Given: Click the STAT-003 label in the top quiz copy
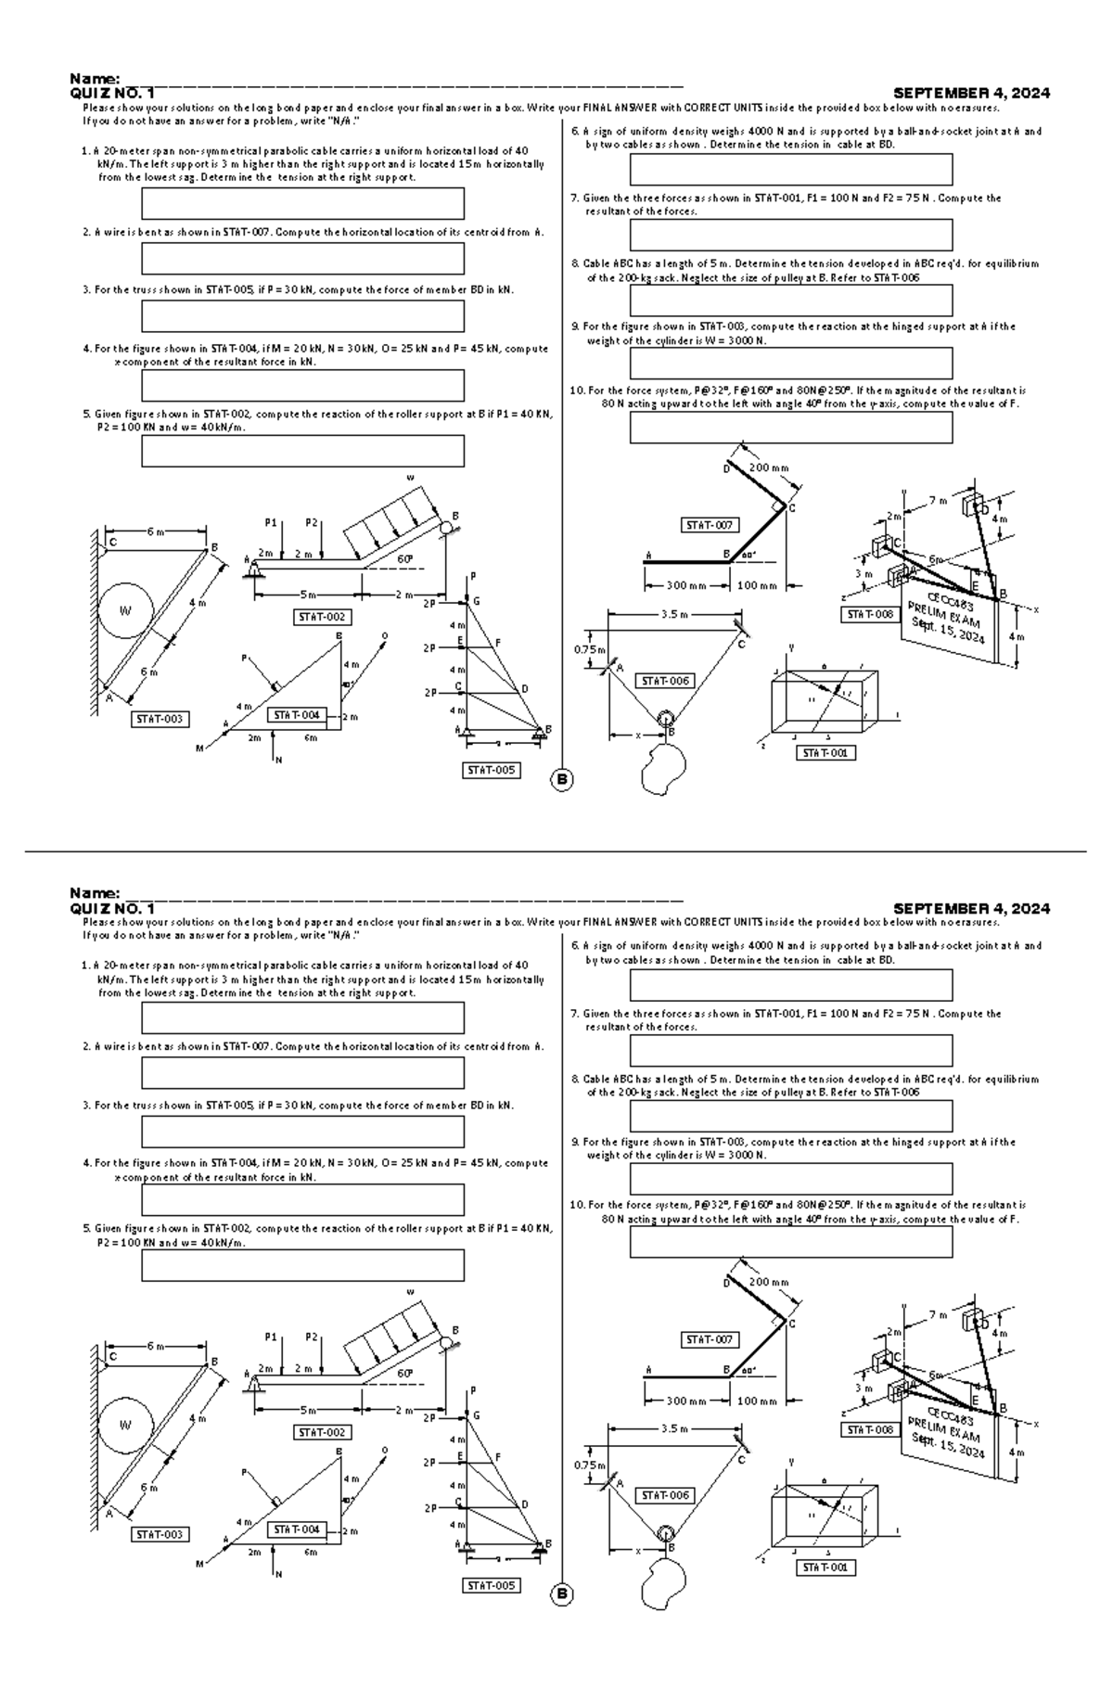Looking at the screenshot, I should pyautogui.click(x=160, y=719).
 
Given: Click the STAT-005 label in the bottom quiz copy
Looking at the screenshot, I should pyautogui.click(x=491, y=1585).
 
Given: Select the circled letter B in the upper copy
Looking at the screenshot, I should pyautogui.click(x=562, y=780).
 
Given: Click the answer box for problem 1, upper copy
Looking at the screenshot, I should pyautogui.click(x=302, y=203).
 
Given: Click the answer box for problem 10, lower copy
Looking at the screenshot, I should pyautogui.click(x=791, y=1242).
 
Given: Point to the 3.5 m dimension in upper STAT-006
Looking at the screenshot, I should pyautogui.click(x=674, y=614).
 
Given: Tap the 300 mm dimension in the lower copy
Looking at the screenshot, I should pyautogui.click(x=685, y=1401).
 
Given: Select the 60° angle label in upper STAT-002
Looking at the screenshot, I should pyautogui.click(x=404, y=558).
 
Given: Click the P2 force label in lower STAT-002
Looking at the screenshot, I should pyautogui.click(x=312, y=1337).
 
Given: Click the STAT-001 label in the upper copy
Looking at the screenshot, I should pyautogui.click(x=825, y=753).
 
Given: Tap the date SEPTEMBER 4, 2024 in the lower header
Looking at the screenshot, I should pyautogui.click(x=970, y=908).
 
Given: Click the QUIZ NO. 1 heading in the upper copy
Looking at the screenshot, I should pyautogui.click(x=112, y=93).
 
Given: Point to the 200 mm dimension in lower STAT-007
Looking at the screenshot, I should pyautogui.click(x=768, y=1282).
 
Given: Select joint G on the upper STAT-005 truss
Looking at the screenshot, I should pyautogui.click(x=477, y=602).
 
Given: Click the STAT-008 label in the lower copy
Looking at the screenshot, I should pyautogui.click(x=871, y=1429).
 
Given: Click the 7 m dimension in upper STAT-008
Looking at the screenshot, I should pyautogui.click(x=938, y=501).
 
